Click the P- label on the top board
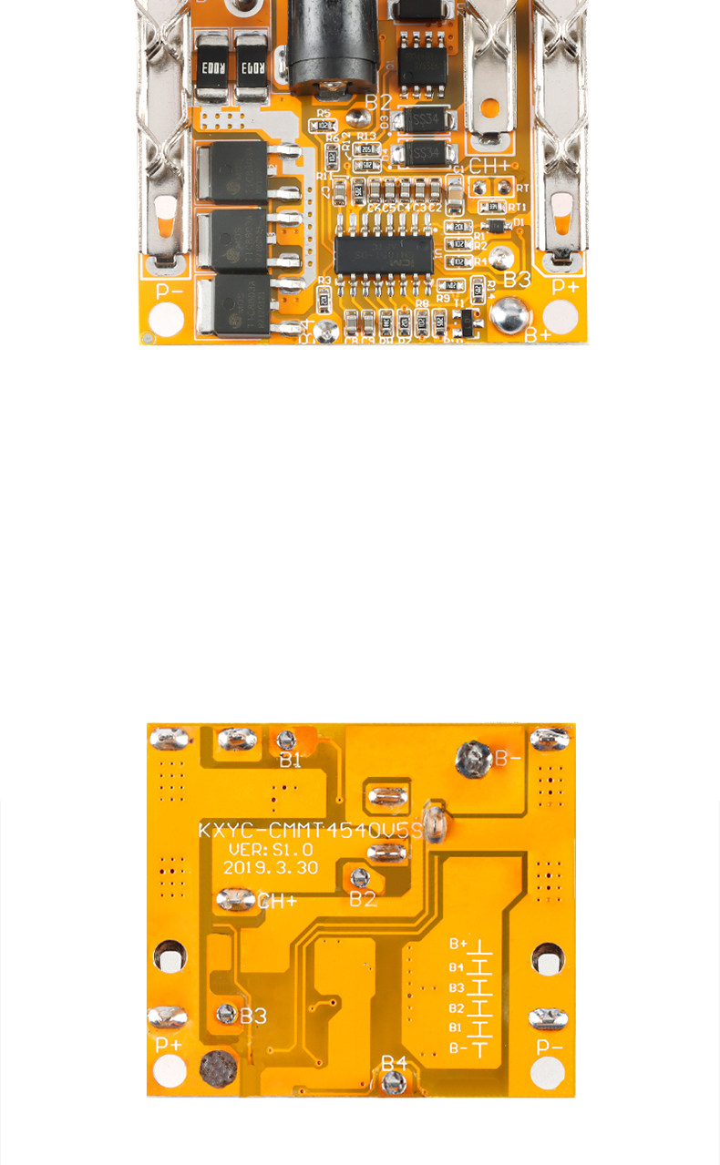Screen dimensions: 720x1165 [x=170, y=291]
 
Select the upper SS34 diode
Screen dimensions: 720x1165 [x=423, y=120]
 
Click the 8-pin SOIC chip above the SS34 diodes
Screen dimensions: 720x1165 [x=421, y=57]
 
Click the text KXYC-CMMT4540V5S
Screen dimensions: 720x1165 [x=311, y=830]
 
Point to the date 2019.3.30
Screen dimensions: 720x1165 [x=271, y=867]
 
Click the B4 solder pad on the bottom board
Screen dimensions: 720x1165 [x=394, y=1082]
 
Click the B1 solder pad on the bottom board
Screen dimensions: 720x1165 [x=287, y=740]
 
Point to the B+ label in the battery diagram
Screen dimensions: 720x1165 [x=458, y=945]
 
